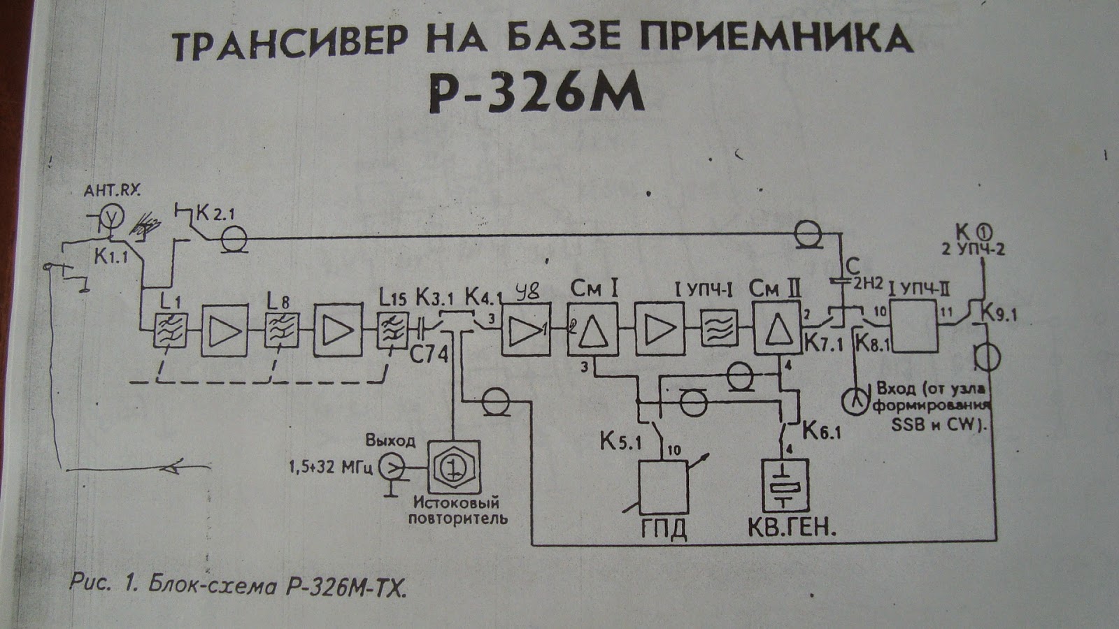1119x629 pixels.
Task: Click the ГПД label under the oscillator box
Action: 664,528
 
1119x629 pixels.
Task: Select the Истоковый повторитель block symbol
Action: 454,466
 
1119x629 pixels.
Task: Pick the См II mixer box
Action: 776,329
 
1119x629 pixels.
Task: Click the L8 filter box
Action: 281,329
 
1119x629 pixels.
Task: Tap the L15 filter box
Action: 392,329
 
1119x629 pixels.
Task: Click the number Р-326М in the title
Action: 536,94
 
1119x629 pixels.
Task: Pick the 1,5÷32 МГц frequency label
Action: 332,466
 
